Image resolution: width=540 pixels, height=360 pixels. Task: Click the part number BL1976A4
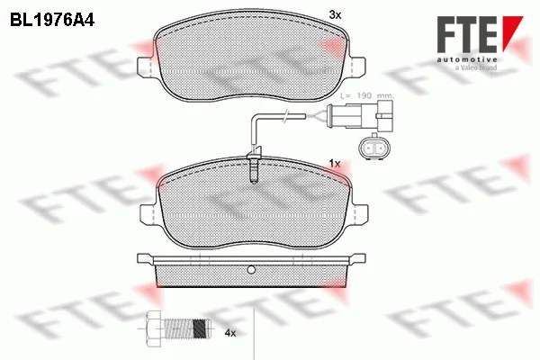pyautogui.click(x=52, y=21)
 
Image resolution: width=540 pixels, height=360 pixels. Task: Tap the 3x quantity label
pyautogui.click(x=335, y=14)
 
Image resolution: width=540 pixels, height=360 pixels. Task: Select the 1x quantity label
pyautogui.click(x=335, y=164)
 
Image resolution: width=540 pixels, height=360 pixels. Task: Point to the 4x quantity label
pyautogui.click(x=230, y=333)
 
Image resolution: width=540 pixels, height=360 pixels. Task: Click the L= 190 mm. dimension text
pyautogui.click(x=366, y=95)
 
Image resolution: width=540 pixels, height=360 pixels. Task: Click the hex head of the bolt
pyautogui.click(x=154, y=329)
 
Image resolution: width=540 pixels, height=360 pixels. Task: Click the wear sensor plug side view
pyautogui.click(x=359, y=116)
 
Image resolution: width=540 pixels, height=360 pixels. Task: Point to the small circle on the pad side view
pyautogui.click(x=251, y=270)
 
